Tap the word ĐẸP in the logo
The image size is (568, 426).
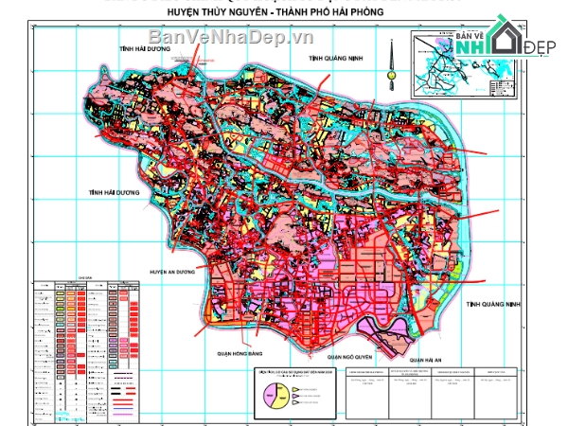541,47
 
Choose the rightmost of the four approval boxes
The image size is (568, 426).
494,391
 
